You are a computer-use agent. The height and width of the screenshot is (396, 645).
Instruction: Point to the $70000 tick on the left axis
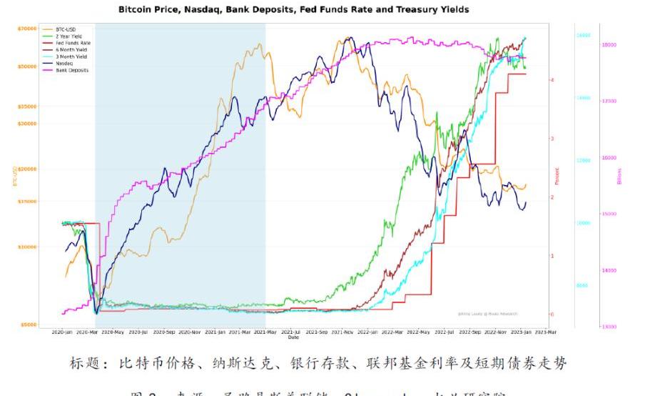[27, 29]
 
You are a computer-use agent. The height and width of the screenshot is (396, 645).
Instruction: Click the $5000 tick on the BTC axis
[29, 325]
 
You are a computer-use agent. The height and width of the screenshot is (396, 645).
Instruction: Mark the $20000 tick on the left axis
[27, 169]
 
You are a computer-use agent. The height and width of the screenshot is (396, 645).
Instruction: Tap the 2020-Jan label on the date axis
[62, 332]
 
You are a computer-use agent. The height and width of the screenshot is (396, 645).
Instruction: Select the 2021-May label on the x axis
[265, 332]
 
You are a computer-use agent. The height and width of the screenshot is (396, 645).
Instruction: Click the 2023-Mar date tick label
[546, 332]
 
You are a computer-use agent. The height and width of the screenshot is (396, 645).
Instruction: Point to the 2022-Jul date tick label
[445, 332]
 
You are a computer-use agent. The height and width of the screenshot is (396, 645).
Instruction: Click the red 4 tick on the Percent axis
[552, 80]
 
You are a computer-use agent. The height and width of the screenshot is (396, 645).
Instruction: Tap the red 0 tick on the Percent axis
[552, 314]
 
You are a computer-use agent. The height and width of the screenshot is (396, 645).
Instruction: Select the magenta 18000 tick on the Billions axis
[609, 45]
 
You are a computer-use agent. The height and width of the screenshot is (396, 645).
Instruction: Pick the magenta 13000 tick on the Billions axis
[609, 327]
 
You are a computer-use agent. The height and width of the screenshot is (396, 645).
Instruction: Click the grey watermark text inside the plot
[487, 314]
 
